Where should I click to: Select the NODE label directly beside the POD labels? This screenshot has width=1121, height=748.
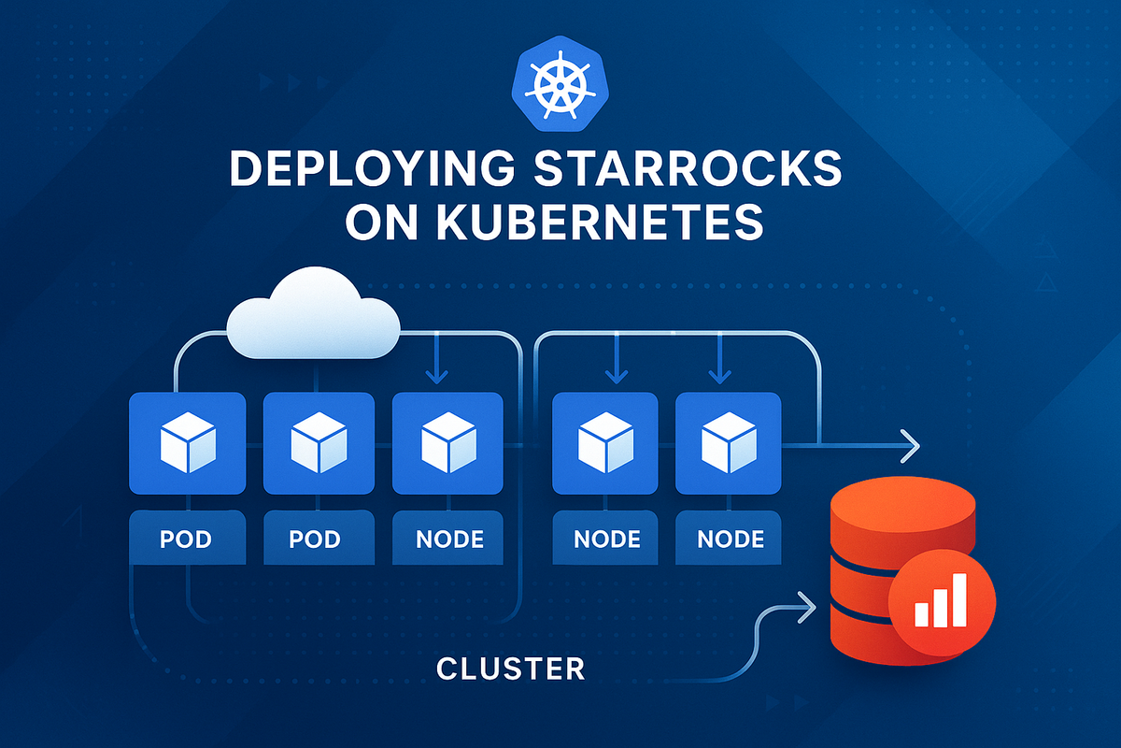447,539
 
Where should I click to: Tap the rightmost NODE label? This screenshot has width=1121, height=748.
730,539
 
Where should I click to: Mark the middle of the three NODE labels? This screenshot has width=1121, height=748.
606,539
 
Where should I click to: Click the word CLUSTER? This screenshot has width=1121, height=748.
510,669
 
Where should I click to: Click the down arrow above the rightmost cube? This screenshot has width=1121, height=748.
718,374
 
